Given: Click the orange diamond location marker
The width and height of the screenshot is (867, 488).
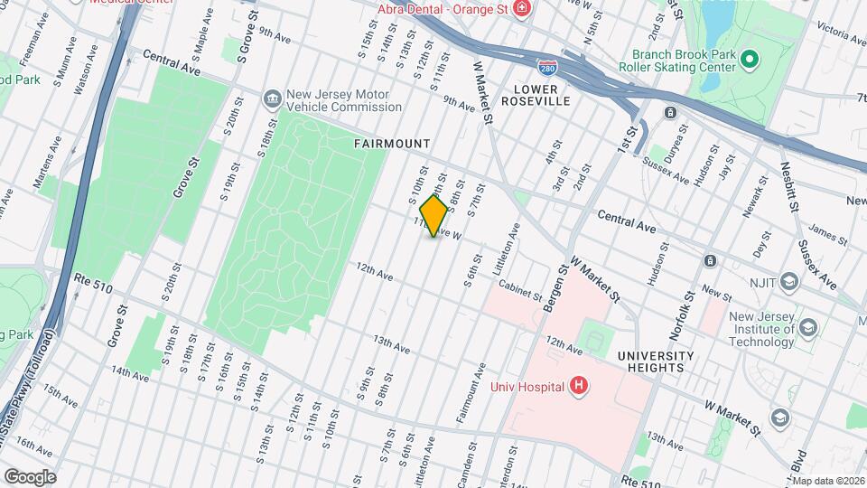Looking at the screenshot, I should (434, 216).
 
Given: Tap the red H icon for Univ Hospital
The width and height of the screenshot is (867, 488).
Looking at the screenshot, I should (579, 387).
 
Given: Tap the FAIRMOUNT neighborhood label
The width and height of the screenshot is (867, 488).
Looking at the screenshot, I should (391, 144).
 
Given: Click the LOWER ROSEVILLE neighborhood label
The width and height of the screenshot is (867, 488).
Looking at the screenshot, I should (542, 95).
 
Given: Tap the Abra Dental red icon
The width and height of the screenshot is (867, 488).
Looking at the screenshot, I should (521, 9).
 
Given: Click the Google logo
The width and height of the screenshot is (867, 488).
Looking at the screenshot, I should (30, 476).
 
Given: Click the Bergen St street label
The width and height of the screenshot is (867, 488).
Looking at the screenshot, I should (555, 289).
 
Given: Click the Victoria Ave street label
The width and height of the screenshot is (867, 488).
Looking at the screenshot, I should (840, 33).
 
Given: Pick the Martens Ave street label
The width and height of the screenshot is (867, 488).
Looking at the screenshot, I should (47, 163).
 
